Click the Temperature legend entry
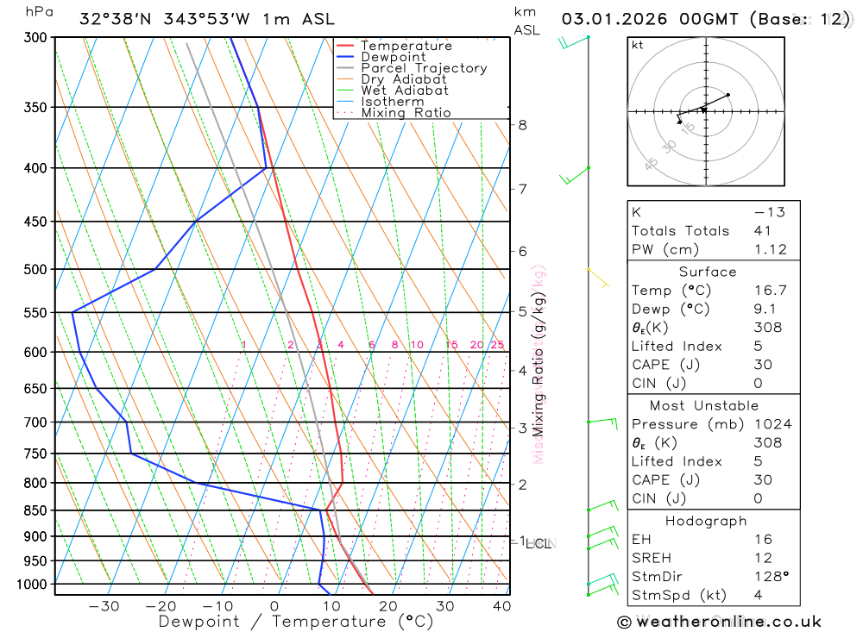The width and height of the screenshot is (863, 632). click(406, 46)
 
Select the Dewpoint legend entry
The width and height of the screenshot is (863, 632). click(393, 57)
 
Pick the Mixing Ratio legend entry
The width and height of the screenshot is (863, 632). click(406, 112)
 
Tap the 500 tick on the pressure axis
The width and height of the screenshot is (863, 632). click(36, 269)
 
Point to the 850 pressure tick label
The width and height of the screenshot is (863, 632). click(36, 510)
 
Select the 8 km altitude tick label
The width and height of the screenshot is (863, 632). click(522, 124)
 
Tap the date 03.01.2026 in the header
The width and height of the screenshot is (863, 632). click(605, 19)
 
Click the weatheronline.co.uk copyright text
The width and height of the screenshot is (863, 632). click(720, 622)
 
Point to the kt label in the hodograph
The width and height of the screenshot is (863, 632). click(638, 45)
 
